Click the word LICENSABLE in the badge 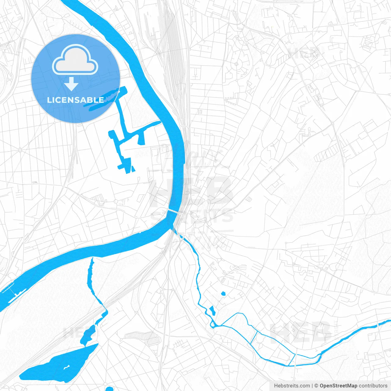pyautogui.click(x=75, y=100)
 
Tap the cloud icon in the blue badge pyautogui.click(x=75, y=60)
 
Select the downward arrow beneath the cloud pyautogui.click(x=71, y=84)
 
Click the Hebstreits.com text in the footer pyautogui.click(x=292, y=386)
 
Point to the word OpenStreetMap pyautogui.click(x=338, y=386)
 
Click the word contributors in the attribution pyautogui.click(x=373, y=386)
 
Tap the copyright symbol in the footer pyautogui.click(x=316, y=386)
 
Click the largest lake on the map pyautogui.click(x=58, y=364)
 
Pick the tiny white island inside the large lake pyautogui.click(x=66, y=367)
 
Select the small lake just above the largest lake pyautogui.click(x=88, y=334)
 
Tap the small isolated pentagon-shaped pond pyautogui.click(x=223, y=294)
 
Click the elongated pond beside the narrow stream pyautogui.click(x=212, y=310)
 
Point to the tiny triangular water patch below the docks pyautogui.click(x=133, y=168)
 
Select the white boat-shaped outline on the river pyautogui.click(x=16, y=295)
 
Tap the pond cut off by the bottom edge pyautogui.click(x=109, y=389)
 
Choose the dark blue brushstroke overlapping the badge pyautogui.click(x=101, y=99)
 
